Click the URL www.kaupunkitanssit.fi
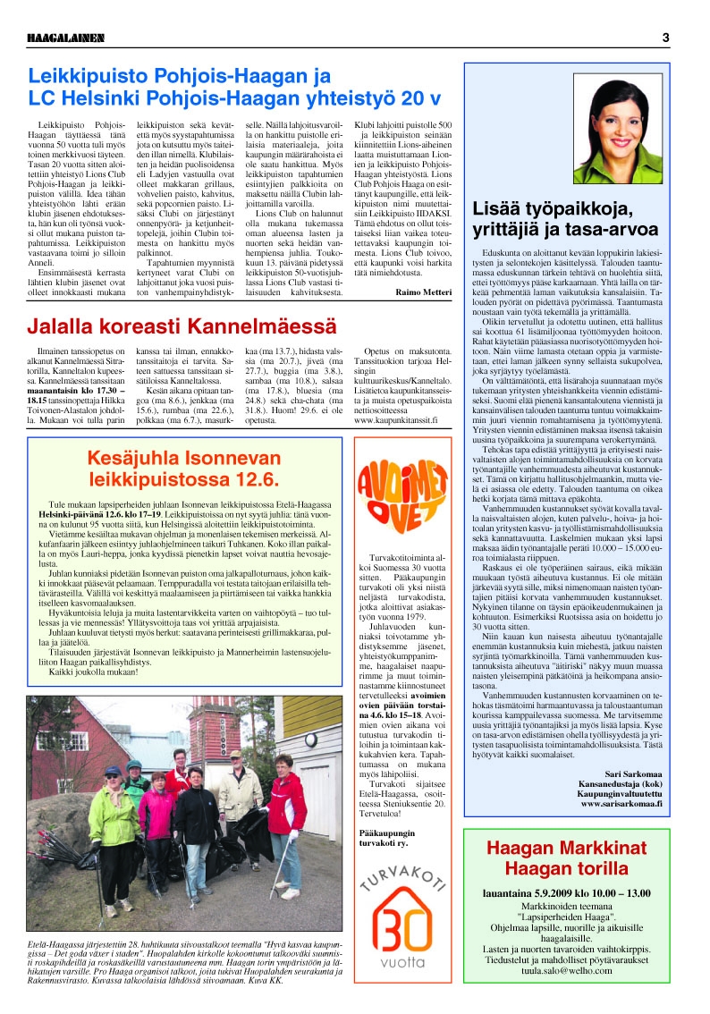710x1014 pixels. point(402,418)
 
